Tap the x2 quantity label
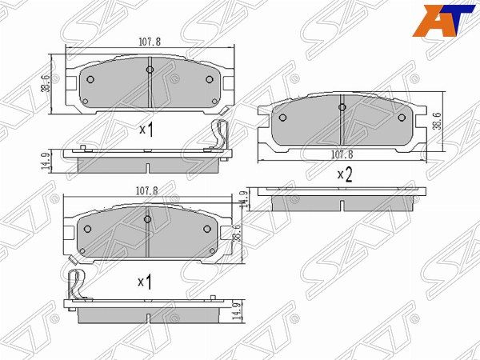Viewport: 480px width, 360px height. click(x=344, y=174)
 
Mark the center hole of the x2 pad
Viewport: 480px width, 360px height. click(x=342, y=108)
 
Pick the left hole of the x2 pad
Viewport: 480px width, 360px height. click(x=282, y=117)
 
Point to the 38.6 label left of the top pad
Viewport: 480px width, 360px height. click(x=46, y=83)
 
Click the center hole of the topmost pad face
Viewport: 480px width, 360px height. click(x=150, y=70)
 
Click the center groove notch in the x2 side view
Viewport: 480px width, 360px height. click(x=342, y=206)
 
